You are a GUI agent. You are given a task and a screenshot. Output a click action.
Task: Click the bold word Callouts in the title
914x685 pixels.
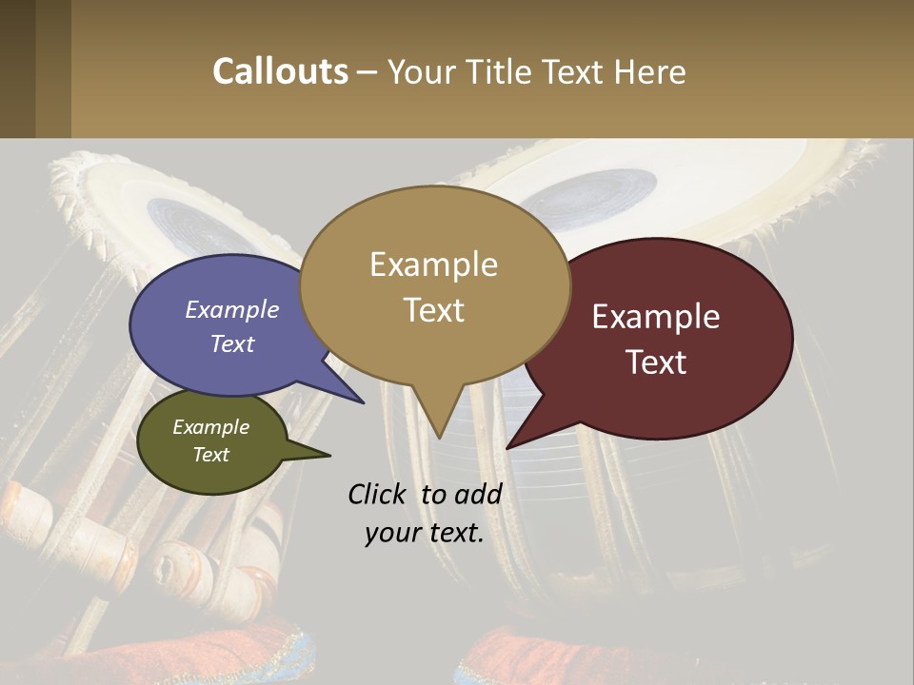[280, 71]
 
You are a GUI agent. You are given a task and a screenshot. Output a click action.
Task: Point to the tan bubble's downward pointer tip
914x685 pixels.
[439, 437]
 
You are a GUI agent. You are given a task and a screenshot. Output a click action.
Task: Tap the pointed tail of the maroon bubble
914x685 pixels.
[509, 445]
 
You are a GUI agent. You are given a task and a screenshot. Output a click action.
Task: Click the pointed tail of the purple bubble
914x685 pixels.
[362, 401]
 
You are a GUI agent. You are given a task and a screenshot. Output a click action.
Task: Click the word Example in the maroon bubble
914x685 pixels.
[656, 317]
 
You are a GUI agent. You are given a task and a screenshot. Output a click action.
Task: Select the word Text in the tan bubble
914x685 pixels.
[434, 310]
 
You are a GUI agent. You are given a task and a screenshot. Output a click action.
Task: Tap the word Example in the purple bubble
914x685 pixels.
[232, 309]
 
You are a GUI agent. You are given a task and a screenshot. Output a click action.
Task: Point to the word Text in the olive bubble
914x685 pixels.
[211, 455]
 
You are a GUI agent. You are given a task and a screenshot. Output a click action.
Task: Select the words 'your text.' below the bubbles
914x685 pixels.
[425, 533]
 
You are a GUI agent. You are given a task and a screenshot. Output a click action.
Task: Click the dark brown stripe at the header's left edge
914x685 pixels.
[17, 68]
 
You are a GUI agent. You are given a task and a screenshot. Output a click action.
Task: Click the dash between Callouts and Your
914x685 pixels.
[368, 71]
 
